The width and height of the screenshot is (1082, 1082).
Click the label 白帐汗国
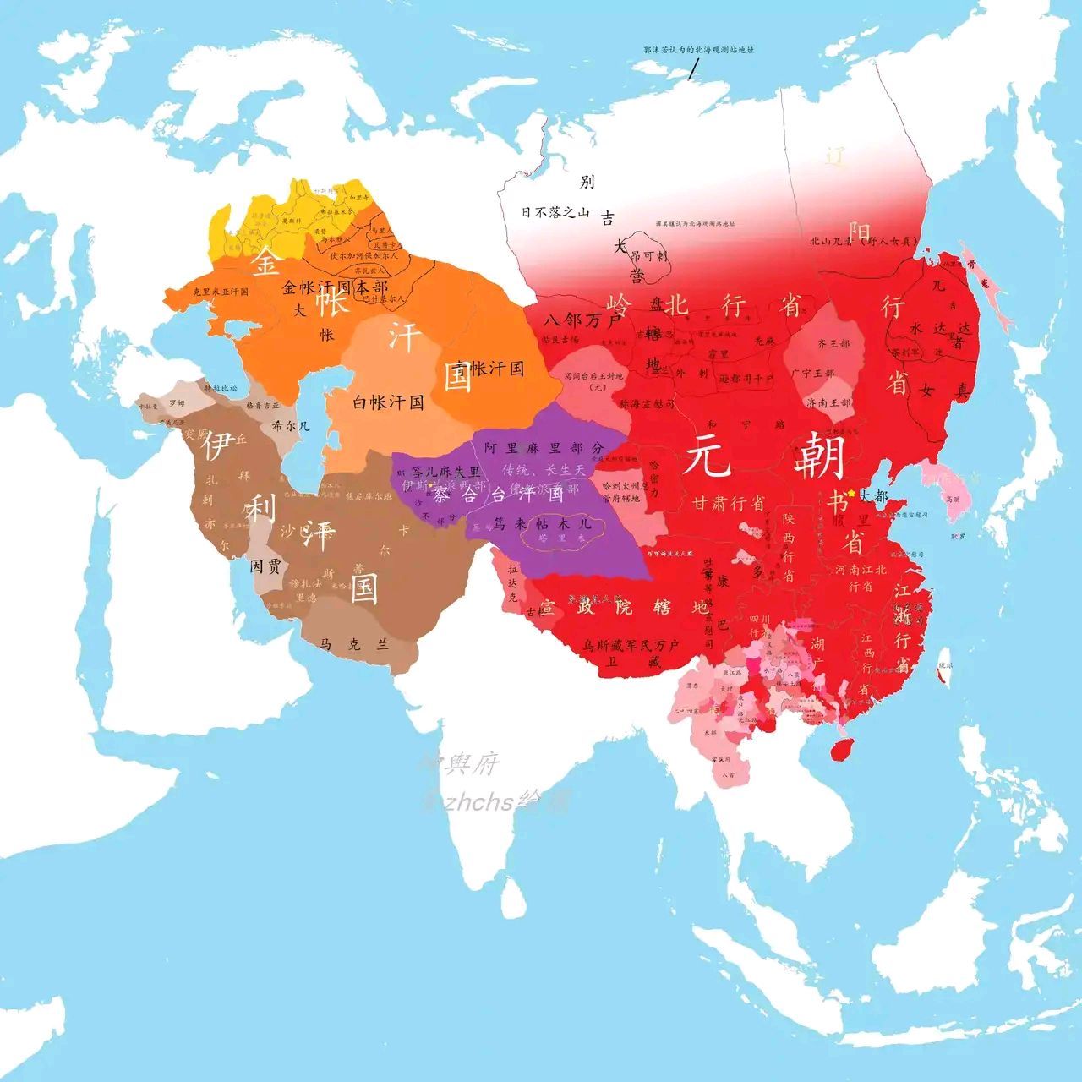[x=388, y=402]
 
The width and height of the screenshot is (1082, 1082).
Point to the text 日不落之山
[x=555, y=212]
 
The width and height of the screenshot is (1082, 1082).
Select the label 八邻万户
[x=582, y=320]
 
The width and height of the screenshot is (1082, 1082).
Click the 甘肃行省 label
[x=729, y=503]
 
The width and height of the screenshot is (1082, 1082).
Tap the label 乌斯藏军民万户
[x=631, y=646]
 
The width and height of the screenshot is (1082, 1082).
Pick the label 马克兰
[x=355, y=644]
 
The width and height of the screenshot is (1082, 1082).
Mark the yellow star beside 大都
[x=851, y=493]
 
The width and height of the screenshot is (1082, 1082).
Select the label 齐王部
[x=833, y=345]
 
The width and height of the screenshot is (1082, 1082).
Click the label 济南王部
[x=828, y=402]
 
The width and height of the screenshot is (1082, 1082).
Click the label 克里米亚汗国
[x=221, y=292]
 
